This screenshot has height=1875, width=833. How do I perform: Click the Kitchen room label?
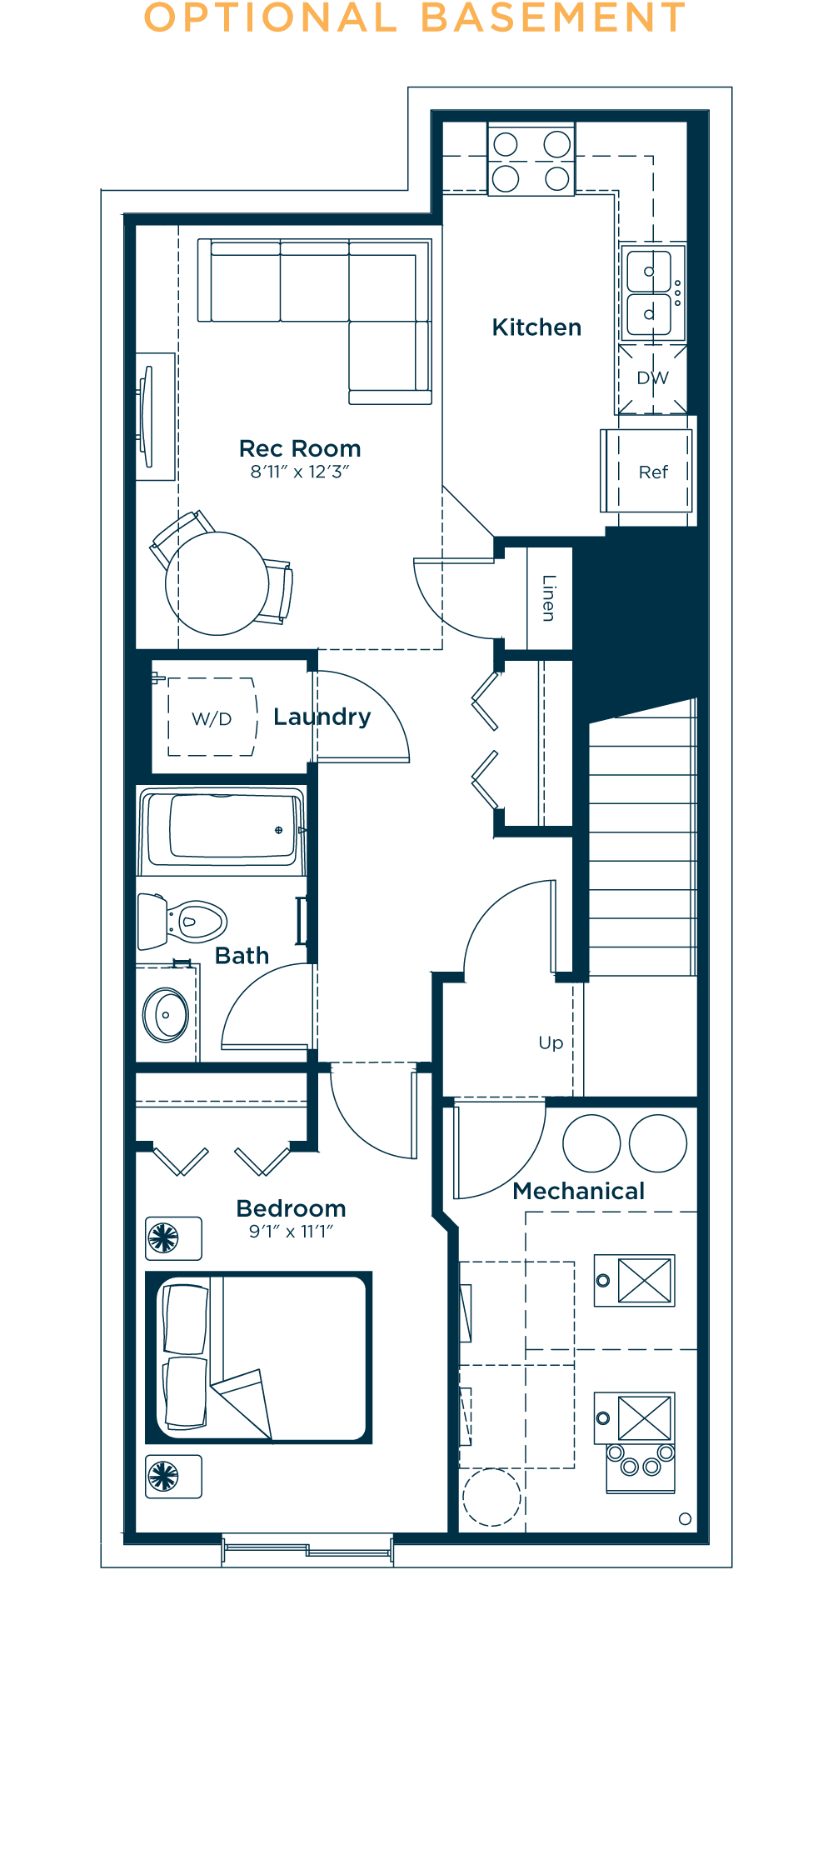point(536,327)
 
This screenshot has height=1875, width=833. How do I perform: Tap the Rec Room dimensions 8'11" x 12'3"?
point(300,472)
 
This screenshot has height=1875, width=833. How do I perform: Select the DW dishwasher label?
point(652,378)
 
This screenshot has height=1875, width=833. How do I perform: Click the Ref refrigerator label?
point(653,472)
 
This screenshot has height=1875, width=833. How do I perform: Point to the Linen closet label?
point(548,597)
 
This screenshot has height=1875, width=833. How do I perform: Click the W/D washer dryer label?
point(212,718)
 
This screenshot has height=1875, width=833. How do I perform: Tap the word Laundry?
point(322,717)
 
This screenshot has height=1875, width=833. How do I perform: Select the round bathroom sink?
point(167,1015)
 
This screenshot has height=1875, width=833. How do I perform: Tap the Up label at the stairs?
point(551,1042)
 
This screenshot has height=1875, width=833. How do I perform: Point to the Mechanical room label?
point(578,1191)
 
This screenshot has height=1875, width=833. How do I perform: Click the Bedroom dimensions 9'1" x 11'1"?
point(291,1231)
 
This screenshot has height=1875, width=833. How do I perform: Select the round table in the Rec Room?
point(217,583)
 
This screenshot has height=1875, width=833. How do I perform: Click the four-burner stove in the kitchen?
point(531,161)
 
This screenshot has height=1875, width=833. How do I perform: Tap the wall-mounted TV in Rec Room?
point(147,416)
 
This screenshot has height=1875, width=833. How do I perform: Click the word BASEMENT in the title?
point(553,18)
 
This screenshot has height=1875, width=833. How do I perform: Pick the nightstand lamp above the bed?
point(164,1237)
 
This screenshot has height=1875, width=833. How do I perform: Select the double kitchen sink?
point(650,292)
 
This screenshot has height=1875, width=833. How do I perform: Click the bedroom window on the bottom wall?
point(307,1549)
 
